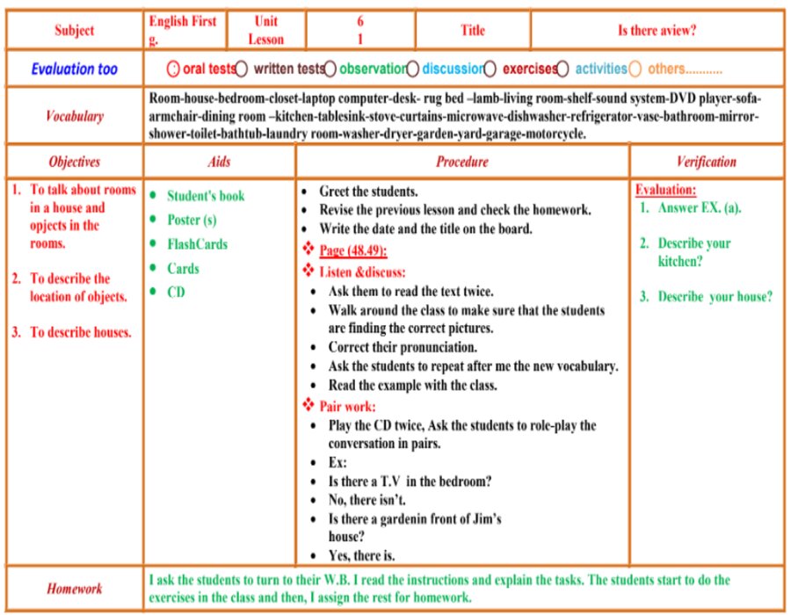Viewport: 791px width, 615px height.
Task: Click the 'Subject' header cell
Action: click(74, 31)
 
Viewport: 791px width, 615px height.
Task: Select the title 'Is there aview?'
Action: click(657, 31)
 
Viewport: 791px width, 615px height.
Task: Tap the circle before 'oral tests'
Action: click(173, 69)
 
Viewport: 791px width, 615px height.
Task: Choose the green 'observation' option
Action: click(373, 69)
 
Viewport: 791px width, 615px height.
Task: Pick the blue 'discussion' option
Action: click(453, 69)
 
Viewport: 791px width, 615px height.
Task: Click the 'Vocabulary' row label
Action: click(74, 116)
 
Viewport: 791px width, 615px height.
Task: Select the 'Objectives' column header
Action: click(74, 162)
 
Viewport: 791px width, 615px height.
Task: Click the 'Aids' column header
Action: click(219, 162)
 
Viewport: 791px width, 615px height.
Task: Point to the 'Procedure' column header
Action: click(462, 162)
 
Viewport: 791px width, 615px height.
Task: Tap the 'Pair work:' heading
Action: click(346, 406)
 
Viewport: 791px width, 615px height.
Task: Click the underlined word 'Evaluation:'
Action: click(665, 190)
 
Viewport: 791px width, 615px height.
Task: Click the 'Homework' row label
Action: click(74, 589)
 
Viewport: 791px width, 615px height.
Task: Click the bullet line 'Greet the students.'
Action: click(368, 191)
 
